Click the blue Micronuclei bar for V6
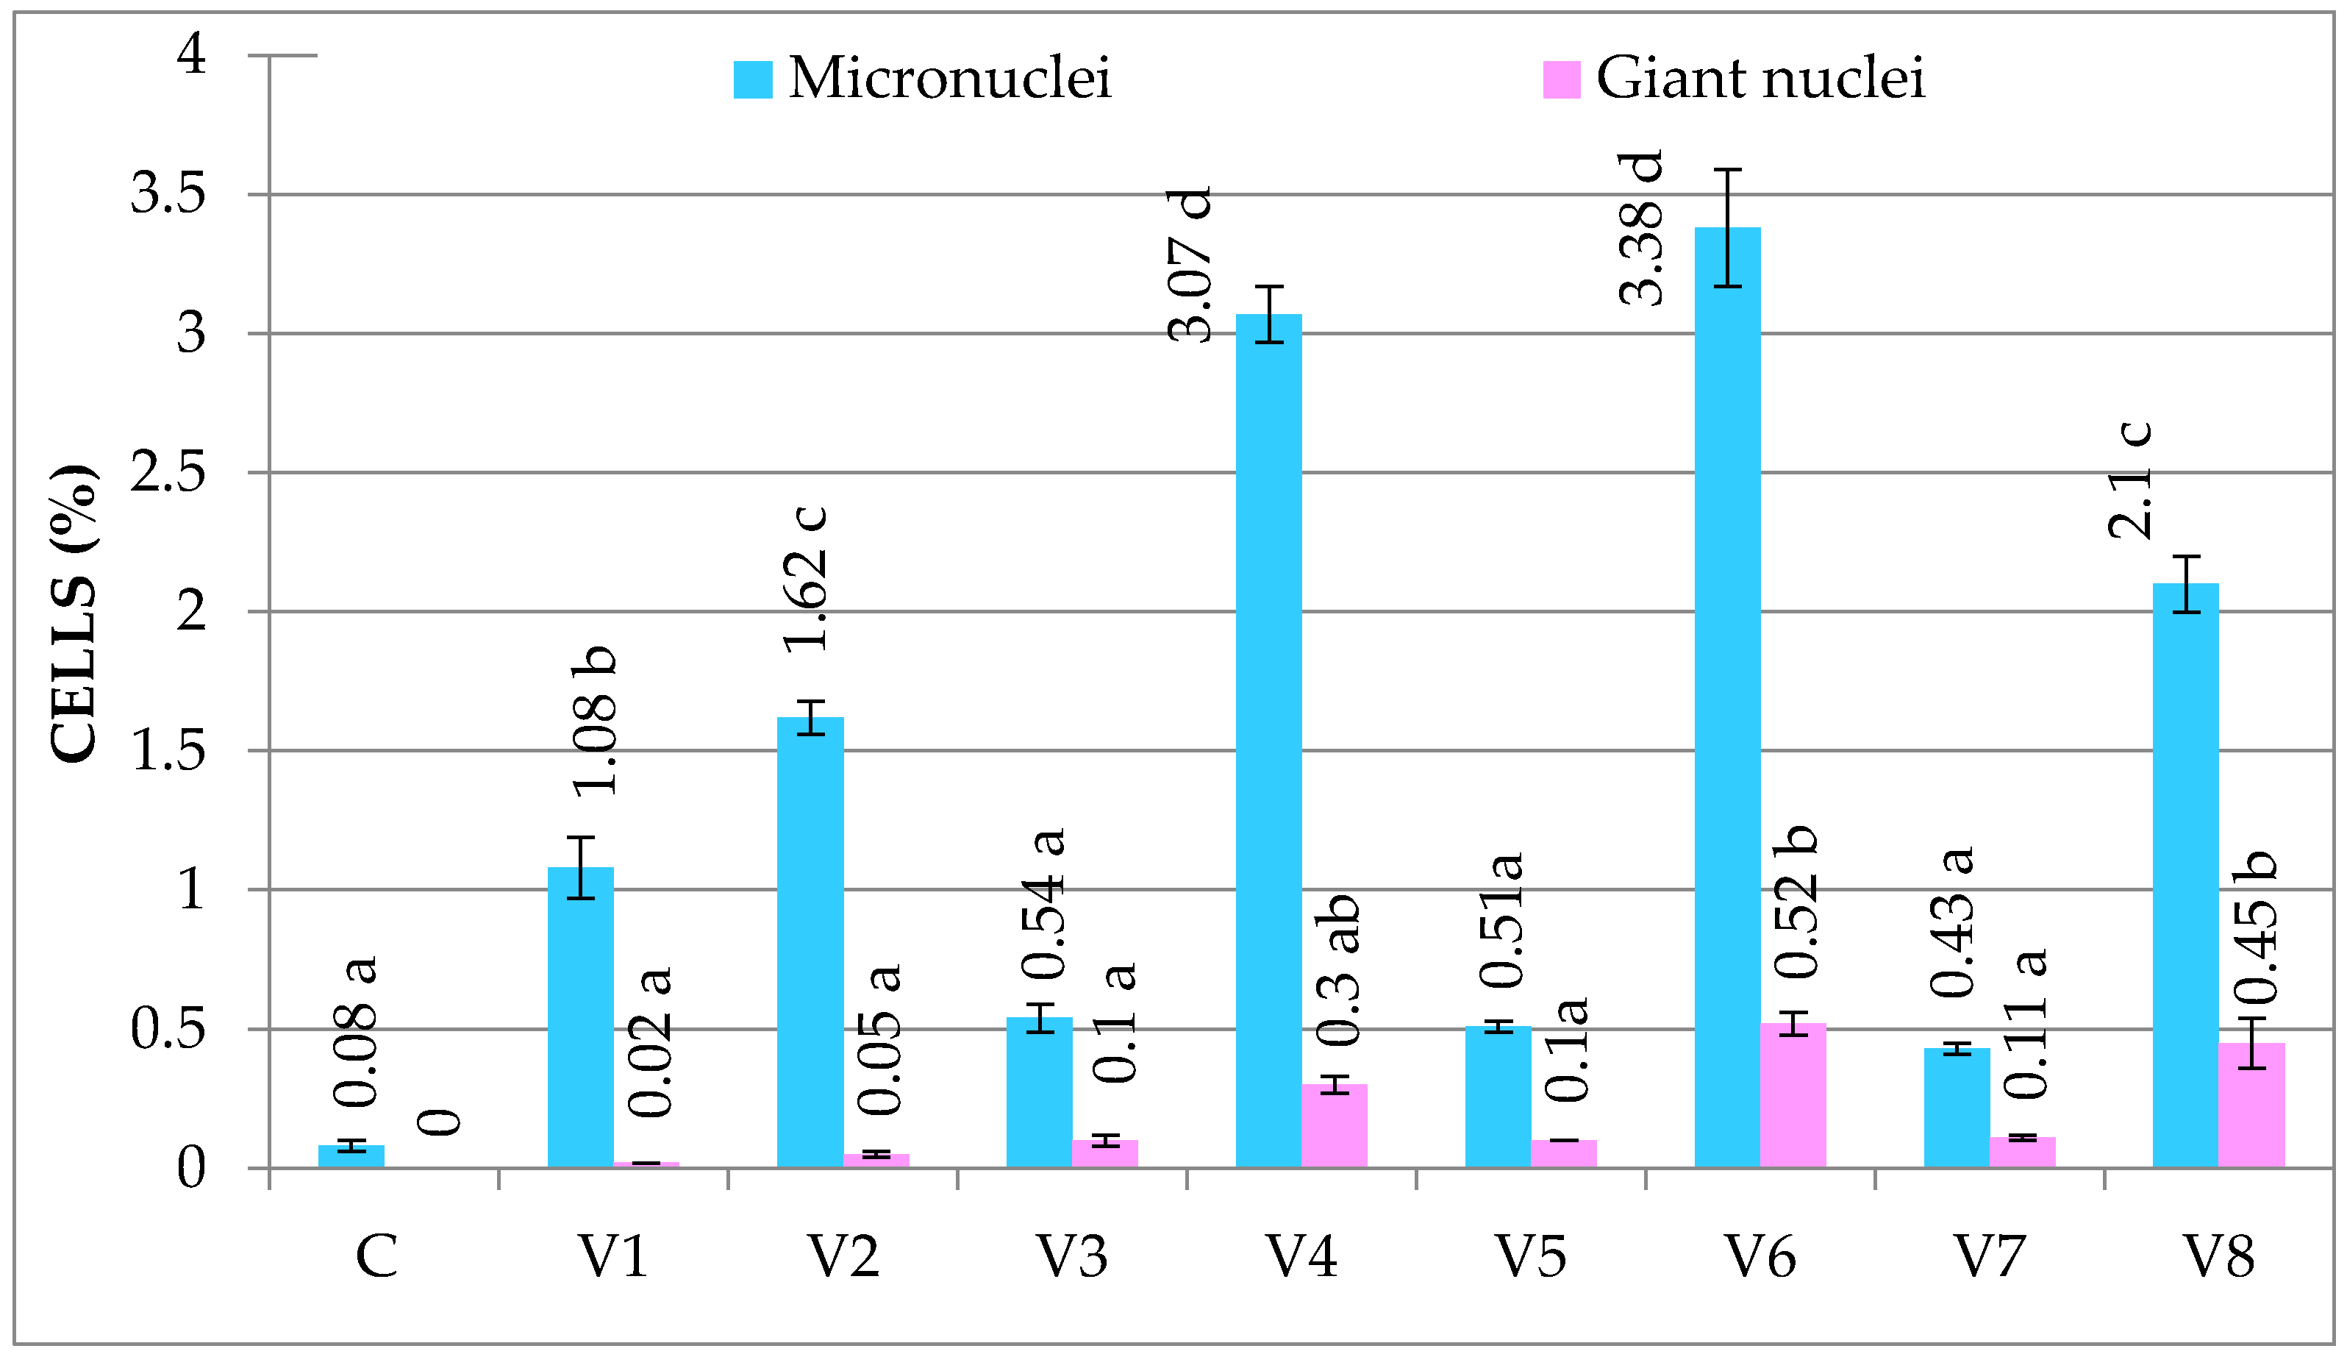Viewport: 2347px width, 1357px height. point(1728,699)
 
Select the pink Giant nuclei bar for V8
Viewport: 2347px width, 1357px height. point(2251,1105)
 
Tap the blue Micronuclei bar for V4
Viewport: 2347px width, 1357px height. point(1268,741)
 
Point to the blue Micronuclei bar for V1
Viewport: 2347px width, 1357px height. point(580,1017)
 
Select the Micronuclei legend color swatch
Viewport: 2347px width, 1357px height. point(752,79)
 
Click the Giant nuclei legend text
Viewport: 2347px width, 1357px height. point(1760,77)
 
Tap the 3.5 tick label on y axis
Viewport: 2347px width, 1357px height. point(168,195)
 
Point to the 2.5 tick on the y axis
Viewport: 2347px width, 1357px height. point(168,473)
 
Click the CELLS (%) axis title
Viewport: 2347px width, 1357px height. point(73,613)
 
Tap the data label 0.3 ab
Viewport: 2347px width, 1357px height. point(1337,969)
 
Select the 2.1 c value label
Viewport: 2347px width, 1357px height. point(2130,480)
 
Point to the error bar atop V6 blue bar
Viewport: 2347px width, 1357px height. point(1728,228)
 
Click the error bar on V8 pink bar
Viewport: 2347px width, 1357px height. point(2251,1043)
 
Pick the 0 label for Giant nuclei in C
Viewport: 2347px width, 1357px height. point(439,1122)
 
